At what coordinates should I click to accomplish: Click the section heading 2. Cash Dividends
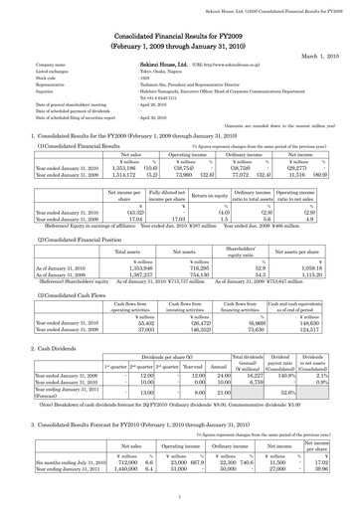tap(42, 349)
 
